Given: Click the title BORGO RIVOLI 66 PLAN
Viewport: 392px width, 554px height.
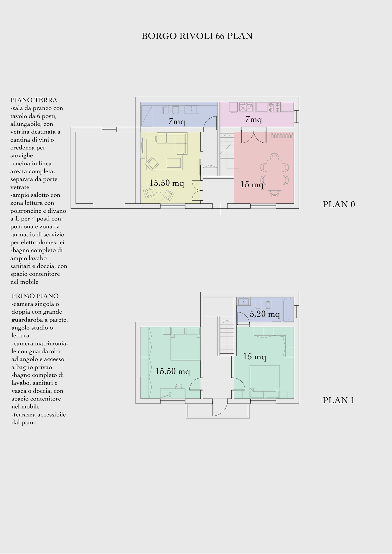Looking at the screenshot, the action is [197, 36].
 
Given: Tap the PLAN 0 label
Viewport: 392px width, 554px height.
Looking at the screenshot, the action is [339, 204].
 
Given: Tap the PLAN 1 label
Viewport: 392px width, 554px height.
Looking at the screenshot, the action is [338, 400].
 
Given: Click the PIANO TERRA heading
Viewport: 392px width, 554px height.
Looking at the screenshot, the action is [34, 100].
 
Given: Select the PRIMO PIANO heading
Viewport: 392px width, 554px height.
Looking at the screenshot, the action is [35, 296].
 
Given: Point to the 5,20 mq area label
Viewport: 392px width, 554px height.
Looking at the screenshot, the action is [265, 314].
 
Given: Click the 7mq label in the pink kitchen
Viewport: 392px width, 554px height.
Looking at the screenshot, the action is [253, 119].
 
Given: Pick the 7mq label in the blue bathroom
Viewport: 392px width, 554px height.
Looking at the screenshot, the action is [177, 121].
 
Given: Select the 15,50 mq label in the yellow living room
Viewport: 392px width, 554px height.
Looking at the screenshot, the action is [167, 183].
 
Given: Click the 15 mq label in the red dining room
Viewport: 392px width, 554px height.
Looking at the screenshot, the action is [252, 184].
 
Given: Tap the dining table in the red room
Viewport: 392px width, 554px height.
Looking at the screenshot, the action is [274, 175].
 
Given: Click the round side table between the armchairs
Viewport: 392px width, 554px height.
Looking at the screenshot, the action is [158, 196].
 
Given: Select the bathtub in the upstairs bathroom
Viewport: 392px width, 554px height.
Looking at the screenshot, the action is [289, 310].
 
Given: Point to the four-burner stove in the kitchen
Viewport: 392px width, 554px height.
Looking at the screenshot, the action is [274, 107].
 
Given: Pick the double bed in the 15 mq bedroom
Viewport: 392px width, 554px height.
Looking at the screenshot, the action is [265, 378].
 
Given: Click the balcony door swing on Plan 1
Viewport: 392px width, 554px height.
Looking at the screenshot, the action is [220, 407].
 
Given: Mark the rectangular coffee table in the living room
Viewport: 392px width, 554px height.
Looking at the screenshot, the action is [174, 162].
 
